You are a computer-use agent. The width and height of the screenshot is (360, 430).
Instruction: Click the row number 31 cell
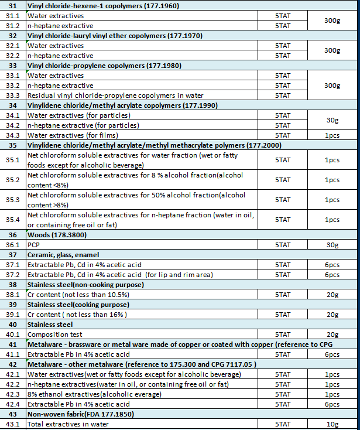(x=13, y=6)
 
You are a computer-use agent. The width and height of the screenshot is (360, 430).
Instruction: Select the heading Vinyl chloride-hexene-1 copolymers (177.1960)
(x=103, y=6)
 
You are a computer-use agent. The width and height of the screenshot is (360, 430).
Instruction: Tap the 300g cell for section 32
(x=332, y=50)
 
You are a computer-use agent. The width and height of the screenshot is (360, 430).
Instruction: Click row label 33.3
(x=13, y=95)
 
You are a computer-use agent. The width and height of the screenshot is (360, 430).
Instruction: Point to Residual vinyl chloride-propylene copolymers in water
(x=115, y=95)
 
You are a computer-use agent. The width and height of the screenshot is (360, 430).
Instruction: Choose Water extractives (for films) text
(x=68, y=135)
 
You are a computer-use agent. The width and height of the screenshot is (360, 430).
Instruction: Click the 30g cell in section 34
(x=332, y=120)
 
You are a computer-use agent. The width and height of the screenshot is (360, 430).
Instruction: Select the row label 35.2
(x=13, y=180)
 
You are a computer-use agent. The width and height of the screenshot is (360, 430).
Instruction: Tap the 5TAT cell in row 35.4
(x=283, y=220)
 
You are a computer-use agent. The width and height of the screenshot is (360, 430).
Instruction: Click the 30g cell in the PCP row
(x=332, y=245)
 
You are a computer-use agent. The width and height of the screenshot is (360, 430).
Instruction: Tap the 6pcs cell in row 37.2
(x=332, y=275)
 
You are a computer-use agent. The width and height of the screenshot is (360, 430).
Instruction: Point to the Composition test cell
(x=54, y=335)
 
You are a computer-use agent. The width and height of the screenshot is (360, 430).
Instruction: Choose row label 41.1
(x=13, y=354)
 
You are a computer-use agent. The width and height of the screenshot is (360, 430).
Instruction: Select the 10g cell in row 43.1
(x=332, y=424)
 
